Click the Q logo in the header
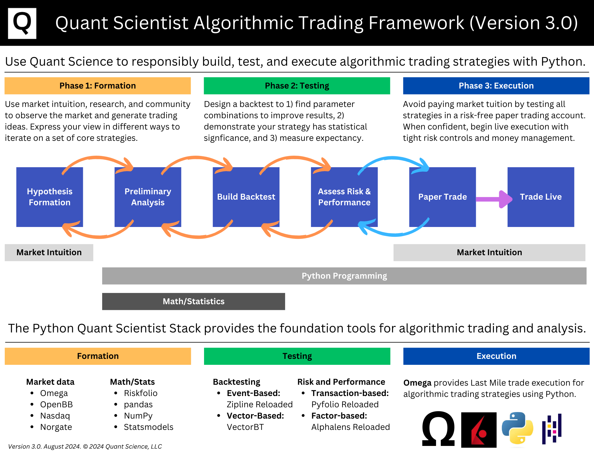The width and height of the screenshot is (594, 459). [22, 23]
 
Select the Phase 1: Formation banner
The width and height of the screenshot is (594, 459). [97, 86]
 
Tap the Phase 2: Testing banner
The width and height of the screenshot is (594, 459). [297, 86]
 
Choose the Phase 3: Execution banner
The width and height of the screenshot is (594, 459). [496, 86]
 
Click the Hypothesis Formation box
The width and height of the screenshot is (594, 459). [50, 197]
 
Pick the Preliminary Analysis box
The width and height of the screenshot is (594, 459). [148, 197]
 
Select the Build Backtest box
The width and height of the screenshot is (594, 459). [246, 197]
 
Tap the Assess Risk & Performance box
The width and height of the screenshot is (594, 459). [344, 197]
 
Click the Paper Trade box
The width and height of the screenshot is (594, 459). [442, 197]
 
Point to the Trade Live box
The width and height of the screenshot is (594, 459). [541, 197]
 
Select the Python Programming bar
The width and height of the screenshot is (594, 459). [344, 276]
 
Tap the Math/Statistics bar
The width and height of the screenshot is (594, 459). [193, 302]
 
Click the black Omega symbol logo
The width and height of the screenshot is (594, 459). [438, 429]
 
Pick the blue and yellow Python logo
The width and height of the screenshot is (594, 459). [517, 429]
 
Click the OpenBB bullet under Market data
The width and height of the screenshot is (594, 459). [56, 405]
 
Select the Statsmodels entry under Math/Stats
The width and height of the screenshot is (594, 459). [148, 427]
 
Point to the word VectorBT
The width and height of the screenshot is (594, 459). [245, 427]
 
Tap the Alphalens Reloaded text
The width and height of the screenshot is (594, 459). [350, 427]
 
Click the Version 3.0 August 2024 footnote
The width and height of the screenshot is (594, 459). [85, 447]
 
